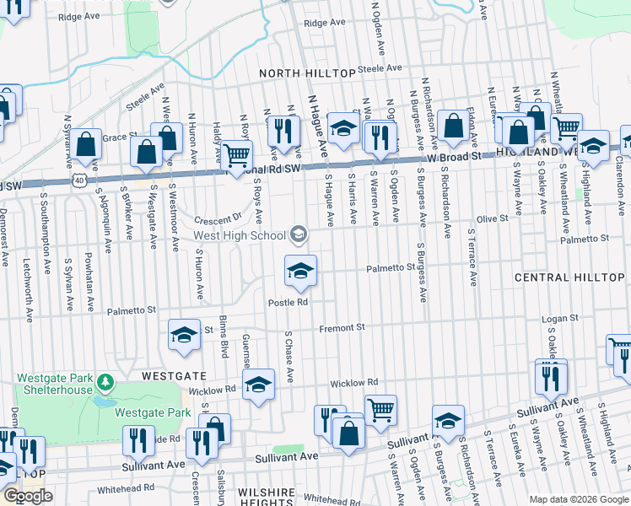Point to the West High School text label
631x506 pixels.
coord(239,235)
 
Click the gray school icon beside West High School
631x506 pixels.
coord(297,234)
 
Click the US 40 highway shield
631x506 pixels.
coord(78,180)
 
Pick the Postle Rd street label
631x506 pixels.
coord(288,302)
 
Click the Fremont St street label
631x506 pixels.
coord(342,327)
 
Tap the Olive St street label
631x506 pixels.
coord(493,218)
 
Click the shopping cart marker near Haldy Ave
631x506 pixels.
coord(237,154)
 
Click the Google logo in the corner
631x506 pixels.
coord(28,497)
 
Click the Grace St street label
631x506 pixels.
coord(120,136)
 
